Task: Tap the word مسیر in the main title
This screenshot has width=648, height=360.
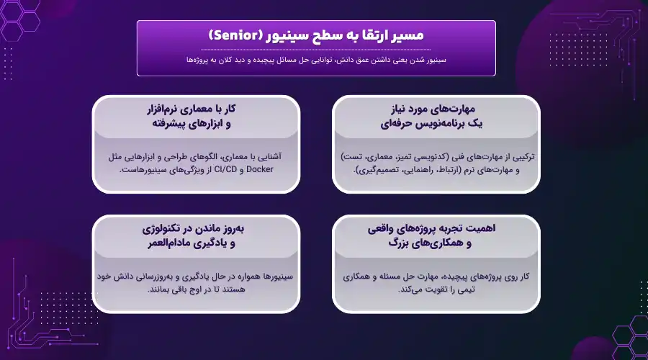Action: [x=409, y=35]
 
